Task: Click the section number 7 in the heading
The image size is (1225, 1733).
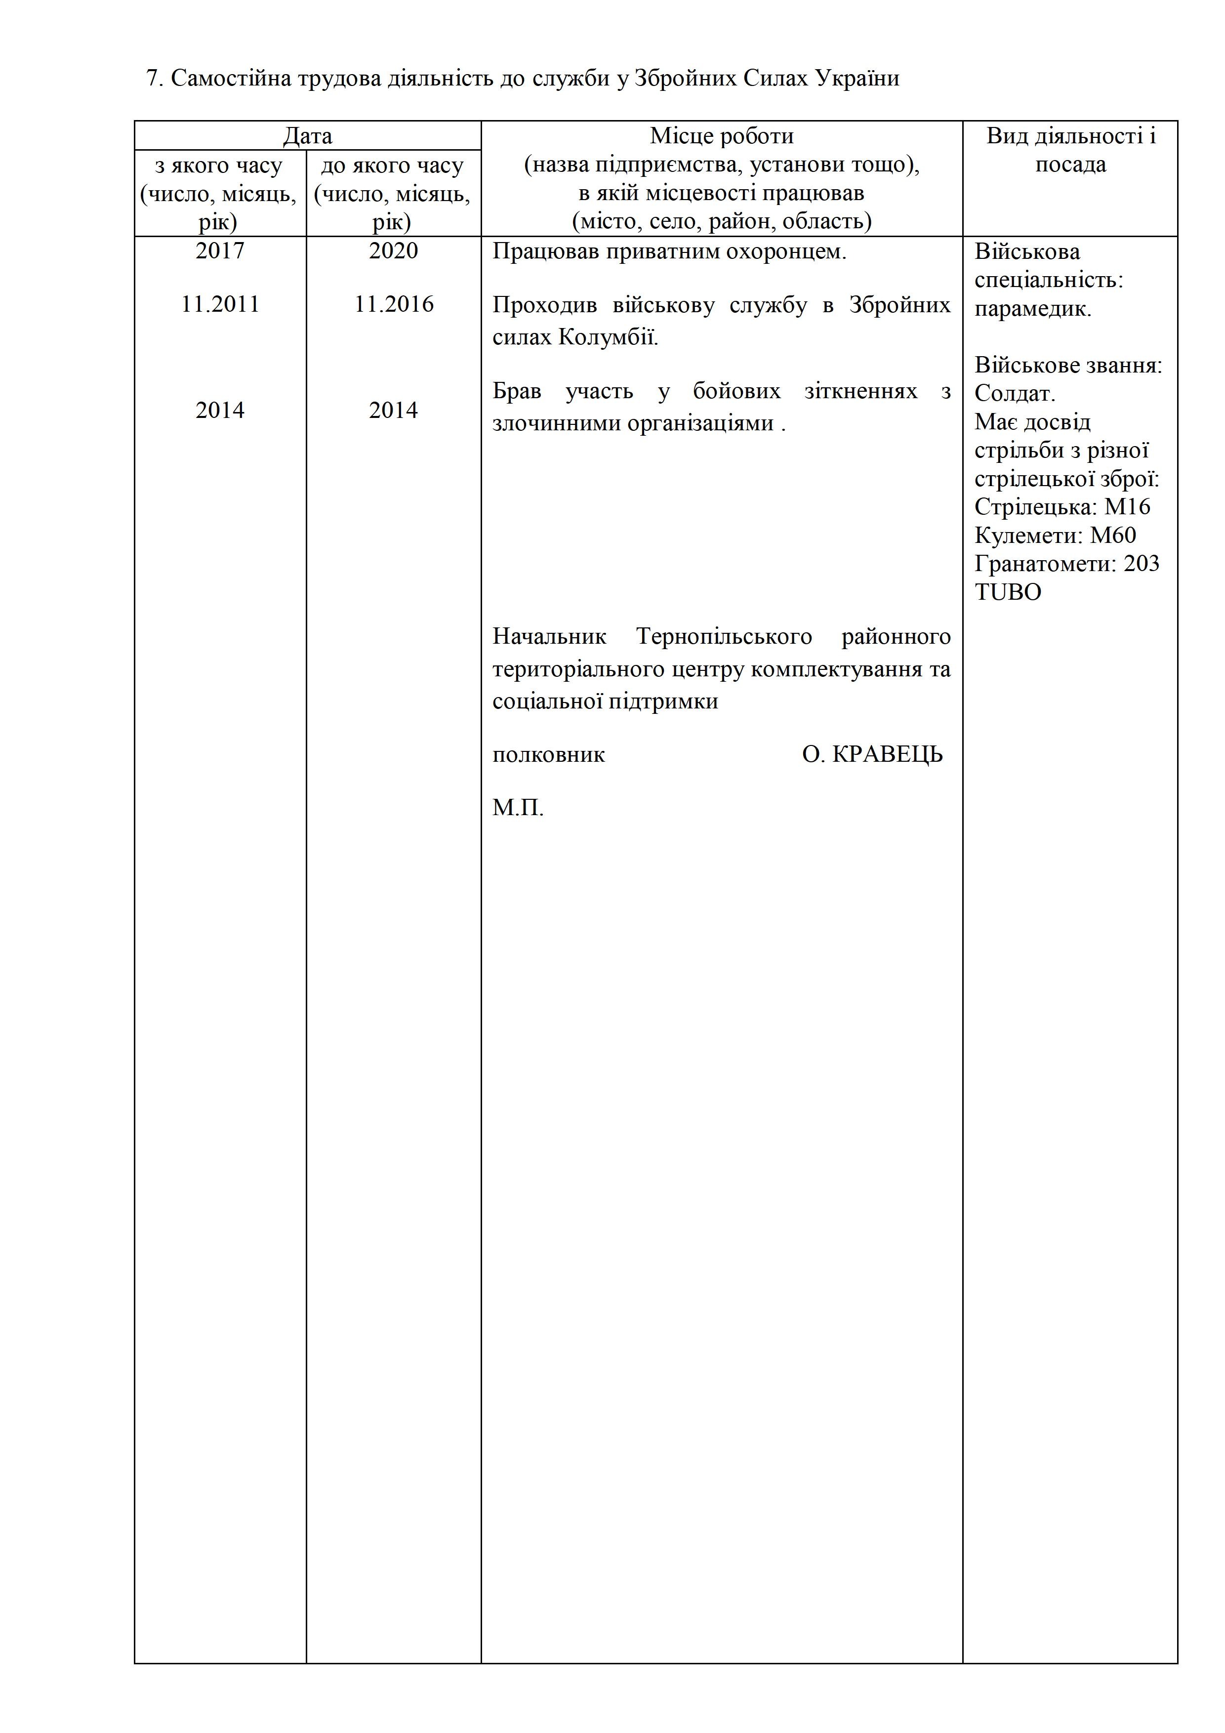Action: coord(152,79)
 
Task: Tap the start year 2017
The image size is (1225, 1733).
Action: coord(220,250)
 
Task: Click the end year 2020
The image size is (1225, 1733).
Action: coord(393,250)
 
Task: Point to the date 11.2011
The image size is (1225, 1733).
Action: coord(220,304)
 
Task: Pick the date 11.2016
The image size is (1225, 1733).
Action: coord(394,304)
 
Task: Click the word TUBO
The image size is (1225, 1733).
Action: coord(1008,592)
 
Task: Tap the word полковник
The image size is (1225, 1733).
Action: coord(549,755)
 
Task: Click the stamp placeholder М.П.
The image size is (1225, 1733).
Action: coord(518,808)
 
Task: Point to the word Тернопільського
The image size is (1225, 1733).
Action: coord(724,637)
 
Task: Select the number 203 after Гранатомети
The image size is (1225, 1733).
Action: coord(1141,564)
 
